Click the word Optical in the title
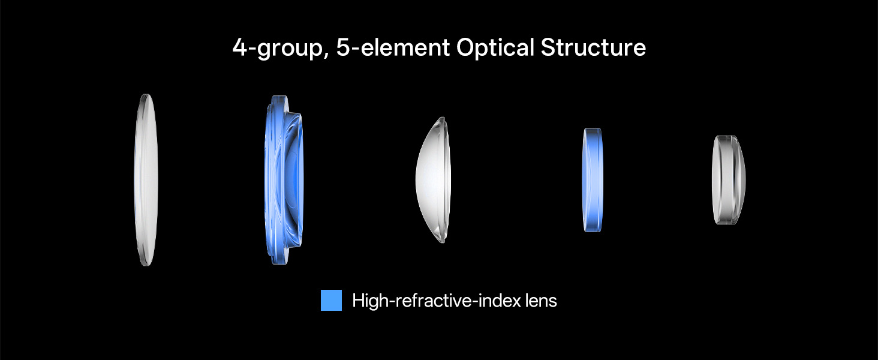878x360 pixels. coord(495,48)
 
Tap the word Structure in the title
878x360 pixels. coord(594,48)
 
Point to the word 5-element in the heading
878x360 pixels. coord(392,48)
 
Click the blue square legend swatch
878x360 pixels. coord(331,301)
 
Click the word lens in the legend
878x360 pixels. coord(541,301)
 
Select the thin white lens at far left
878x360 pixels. coord(146,180)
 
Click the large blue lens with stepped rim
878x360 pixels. coord(284,180)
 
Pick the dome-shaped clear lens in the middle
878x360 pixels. coord(434,180)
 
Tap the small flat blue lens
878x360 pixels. coord(593,180)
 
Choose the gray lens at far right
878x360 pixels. coord(728,180)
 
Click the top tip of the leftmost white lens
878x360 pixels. coord(146,95)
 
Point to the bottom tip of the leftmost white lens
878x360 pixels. coord(146,265)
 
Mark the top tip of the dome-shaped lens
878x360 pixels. coord(443,117)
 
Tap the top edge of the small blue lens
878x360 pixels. coord(593,128)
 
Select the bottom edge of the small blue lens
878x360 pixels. coord(593,231)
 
